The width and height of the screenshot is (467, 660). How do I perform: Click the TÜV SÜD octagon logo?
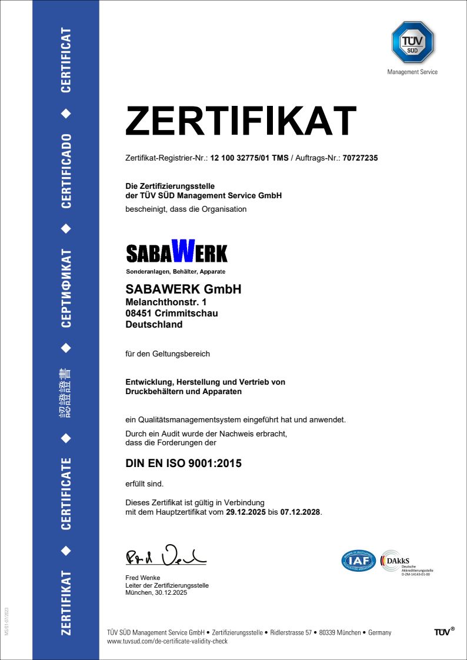click(x=412, y=42)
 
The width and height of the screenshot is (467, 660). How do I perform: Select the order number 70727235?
click(x=361, y=158)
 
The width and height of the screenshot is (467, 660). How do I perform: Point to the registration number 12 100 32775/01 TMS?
click(x=249, y=158)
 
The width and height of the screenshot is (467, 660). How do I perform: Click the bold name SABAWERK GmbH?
click(x=184, y=289)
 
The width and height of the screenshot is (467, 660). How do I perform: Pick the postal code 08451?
click(x=139, y=314)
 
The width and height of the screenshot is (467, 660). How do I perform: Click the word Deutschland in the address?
click(x=154, y=325)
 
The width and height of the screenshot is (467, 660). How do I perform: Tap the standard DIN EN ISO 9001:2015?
click(x=184, y=464)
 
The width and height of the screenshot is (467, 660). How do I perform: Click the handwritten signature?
click(x=166, y=555)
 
